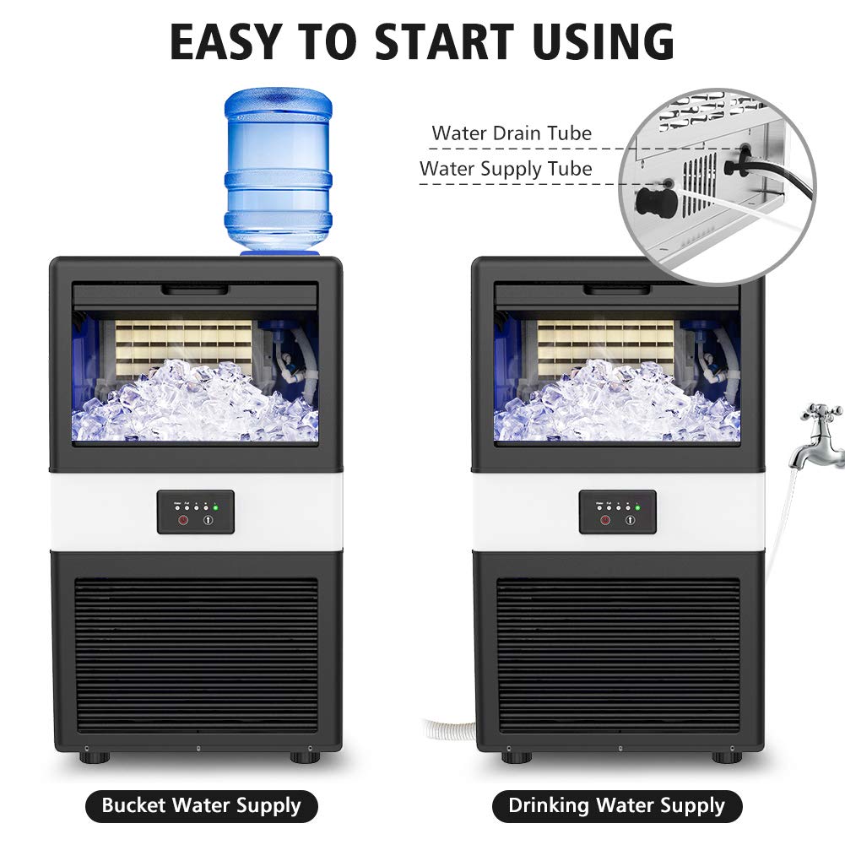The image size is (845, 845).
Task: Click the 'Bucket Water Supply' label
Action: click(201, 805)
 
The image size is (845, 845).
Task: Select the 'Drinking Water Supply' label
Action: click(616, 805)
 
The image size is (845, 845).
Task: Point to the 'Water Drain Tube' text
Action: click(512, 133)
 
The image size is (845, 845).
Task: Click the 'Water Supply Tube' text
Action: click(506, 169)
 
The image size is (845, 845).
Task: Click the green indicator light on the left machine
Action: click(215, 507)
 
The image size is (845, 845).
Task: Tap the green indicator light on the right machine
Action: click(637, 507)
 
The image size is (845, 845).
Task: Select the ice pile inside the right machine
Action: click(616, 405)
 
